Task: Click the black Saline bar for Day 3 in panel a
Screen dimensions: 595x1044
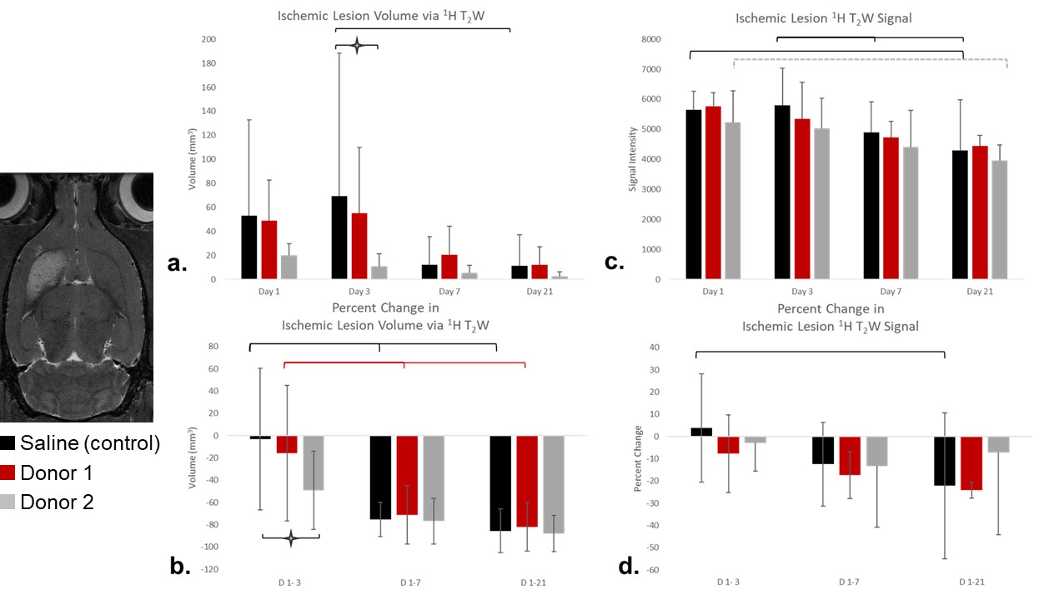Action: click(340, 237)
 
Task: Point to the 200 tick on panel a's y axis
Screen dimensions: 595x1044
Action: click(208, 40)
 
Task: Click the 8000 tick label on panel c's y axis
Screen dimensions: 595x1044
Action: click(650, 39)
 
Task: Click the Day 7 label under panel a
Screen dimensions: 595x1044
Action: click(449, 292)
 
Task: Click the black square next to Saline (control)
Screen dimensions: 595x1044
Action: click(8, 443)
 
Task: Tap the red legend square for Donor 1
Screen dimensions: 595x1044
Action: click(8, 472)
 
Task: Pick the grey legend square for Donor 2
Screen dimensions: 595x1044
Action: click(8, 502)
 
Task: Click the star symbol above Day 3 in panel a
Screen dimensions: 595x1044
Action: click(357, 45)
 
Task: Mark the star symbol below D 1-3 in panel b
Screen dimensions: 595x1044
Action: click(291, 538)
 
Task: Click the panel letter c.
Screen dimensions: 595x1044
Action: click(615, 263)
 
